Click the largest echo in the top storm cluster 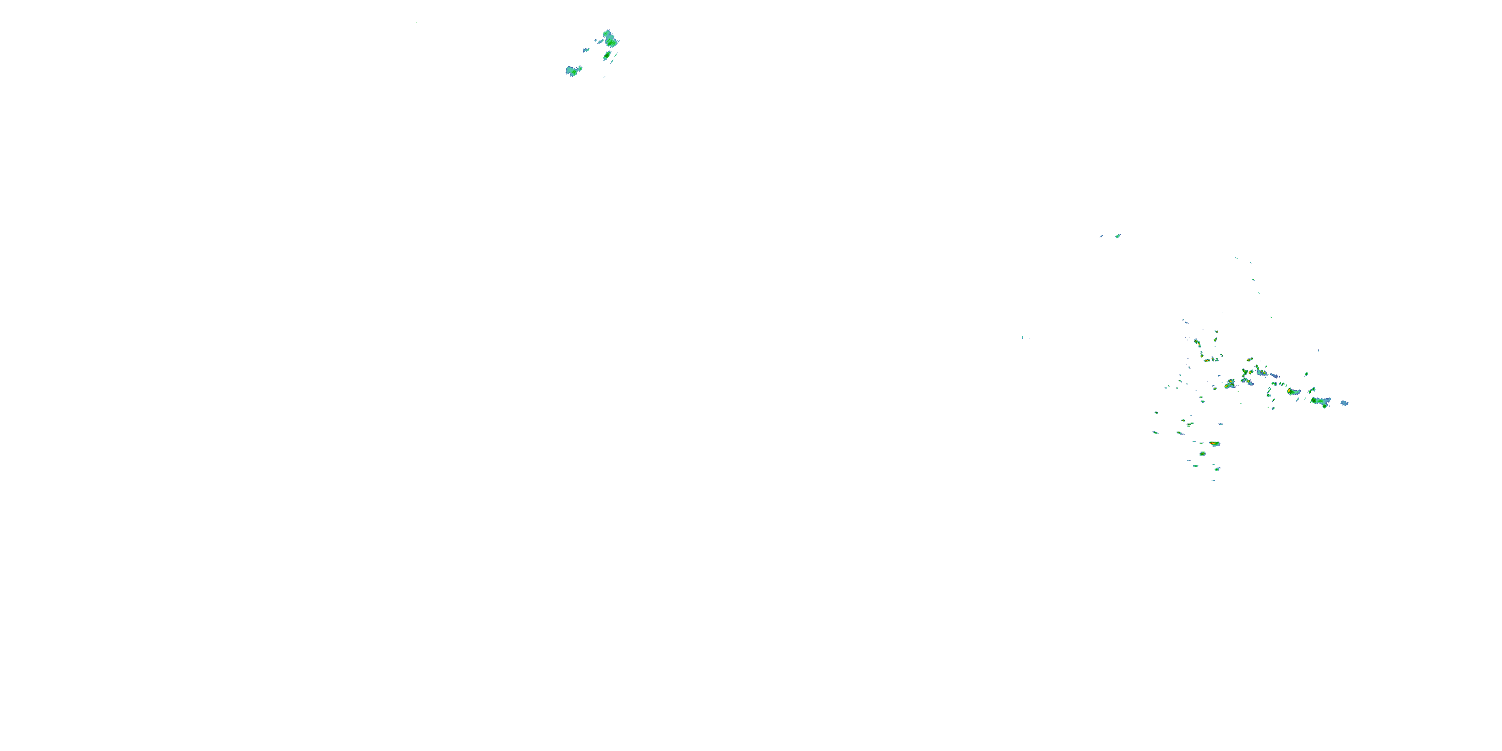[x=610, y=39]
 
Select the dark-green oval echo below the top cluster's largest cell [x=607, y=56]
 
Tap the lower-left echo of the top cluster [x=573, y=71]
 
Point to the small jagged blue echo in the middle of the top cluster [x=586, y=50]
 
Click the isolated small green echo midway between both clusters [x=1118, y=236]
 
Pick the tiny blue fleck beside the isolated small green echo [x=1101, y=236]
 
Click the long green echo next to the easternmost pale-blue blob [x=1321, y=401]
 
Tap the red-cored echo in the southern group [x=1214, y=444]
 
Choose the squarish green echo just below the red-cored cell [x=1202, y=454]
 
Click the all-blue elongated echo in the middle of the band [x=1275, y=375]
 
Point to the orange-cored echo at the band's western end [x=1230, y=384]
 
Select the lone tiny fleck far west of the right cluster [x=1022, y=337]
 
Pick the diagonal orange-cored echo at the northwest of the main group [x=1197, y=342]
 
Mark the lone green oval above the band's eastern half [x=1306, y=374]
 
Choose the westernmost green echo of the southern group [x=1155, y=432]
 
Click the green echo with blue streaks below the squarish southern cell [x=1217, y=468]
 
